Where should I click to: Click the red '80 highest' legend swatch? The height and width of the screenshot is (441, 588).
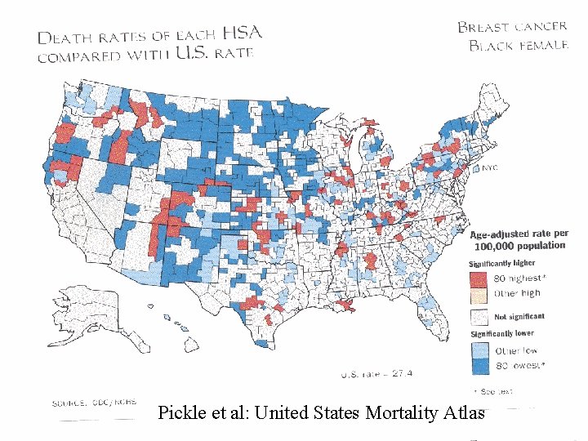[x=479, y=278]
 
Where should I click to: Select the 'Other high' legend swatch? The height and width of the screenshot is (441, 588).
[x=479, y=292]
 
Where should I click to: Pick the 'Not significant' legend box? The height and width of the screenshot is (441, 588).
[x=479, y=315]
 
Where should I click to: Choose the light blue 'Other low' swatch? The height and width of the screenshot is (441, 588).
[x=479, y=350]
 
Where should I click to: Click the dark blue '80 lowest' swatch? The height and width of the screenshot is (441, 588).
[x=479, y=363]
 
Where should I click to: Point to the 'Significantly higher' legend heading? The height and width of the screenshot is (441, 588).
[x=501, y=263]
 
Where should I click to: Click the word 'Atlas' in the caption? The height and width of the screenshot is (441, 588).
[x=465, y=412]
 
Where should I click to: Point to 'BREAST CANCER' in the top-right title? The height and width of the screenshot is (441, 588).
[x=511, y=26]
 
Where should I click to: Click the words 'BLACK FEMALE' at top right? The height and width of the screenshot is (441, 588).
[x=518, y=45]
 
